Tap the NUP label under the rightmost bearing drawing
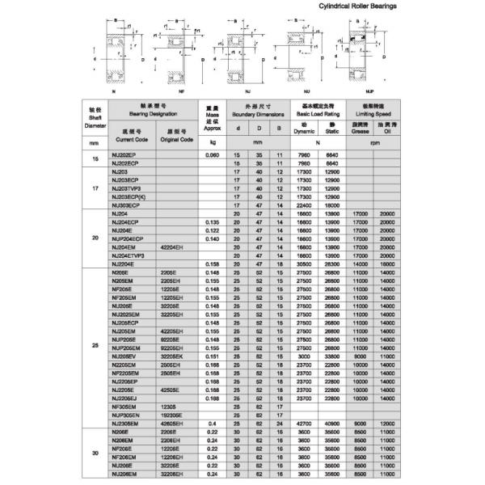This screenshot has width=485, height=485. pyautogui.click(x=362, y=92)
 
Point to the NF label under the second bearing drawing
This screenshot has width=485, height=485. pyautogui.click(x=181, y=92)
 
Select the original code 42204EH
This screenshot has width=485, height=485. pyautogui.click(x=174, y=247)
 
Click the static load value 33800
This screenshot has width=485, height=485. pyautogui.click(x=332, y=356)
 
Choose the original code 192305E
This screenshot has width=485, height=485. pyautogui.click(x=174, y=415)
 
